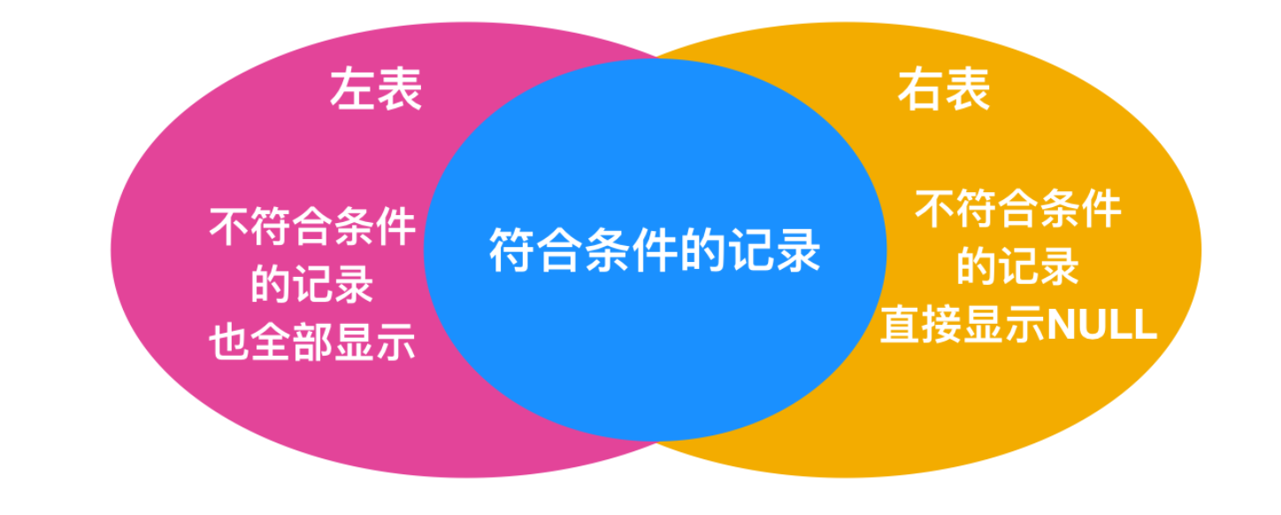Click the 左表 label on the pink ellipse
(x=376, y=89)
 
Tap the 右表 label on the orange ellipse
(x=944, y=89)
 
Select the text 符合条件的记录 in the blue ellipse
(x=655, y=250)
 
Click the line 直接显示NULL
(x=1018, y=325)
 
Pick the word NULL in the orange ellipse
(x=1101, y=325)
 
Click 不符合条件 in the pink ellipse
(x=312, y=227)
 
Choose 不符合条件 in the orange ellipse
(x=1018, y=210)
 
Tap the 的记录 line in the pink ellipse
(x=312, y=285)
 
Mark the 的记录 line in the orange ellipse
(x=1018, y=267)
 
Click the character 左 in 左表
(x=353, y=89)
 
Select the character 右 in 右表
(x=921, y=89)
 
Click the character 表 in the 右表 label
(x=967, y=89)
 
